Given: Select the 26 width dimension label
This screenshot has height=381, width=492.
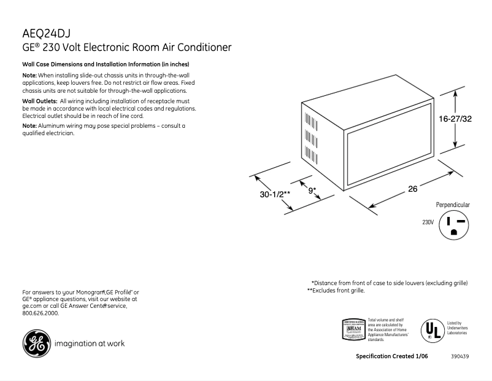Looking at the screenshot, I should click(413, 189).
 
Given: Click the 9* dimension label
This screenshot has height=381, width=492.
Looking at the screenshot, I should click(312, 190).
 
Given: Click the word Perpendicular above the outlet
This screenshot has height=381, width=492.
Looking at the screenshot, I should click(453, 205).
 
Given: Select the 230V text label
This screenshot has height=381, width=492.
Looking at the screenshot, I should click(428, 222).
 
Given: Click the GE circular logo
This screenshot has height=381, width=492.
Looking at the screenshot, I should click(37, 344).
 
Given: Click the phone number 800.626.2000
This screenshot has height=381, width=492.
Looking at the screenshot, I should click(40, 313).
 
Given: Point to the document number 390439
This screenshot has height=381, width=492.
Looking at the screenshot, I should click(459, 357).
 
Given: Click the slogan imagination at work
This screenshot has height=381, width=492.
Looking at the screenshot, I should click(90, 344).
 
